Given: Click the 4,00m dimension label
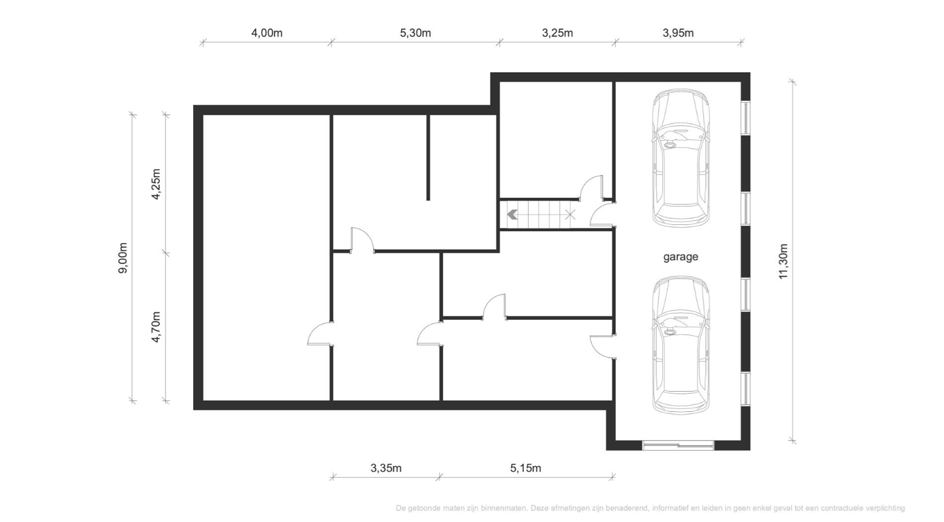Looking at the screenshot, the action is pyautogui.click(x=267, y=33).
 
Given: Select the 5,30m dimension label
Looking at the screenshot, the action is pyautogui.click(x=415, y=33).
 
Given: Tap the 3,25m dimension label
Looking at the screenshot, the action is pyautogui.click(x=557, y=33).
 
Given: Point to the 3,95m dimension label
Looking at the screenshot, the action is pyautogui.click(x=678, y=33).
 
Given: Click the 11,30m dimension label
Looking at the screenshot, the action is pyautogui.click(x=784, y=261).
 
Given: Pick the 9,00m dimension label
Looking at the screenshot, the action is pyautogui.click(x=123, y=258).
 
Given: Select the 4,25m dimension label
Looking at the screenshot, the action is pyautogui.click(x=156, y=184).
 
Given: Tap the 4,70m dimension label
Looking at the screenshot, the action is pyautogui.click(x=156, y=327).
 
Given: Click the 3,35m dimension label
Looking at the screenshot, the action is pyautogui.click(x=386, y=468).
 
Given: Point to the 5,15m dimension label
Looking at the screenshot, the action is pyautogui.click(x=526, y=468).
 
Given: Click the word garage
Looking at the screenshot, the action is pyautogui.click(x=681, y=257).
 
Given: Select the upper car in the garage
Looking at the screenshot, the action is pyautogui.click(x=681, y=158).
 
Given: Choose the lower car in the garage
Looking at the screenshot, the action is pyautogui.click(x=681, y=345).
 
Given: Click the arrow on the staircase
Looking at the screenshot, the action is pyautogui.click(x=513, y=215).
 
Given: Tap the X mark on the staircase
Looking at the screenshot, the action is pyautogui.click(x=570, y=215).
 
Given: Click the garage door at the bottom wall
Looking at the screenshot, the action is pyautogui.click(x=678, y=445).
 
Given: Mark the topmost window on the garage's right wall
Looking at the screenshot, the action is pyautogui.click(x=745, y=118).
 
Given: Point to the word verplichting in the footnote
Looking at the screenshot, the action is pyautogui.click(x=885, y=508).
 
